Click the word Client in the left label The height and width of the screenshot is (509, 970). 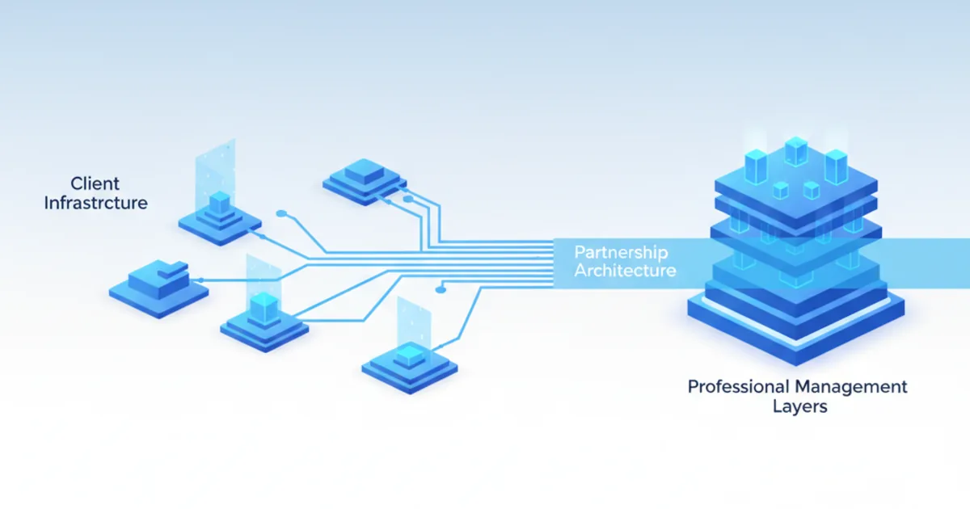pyautogui.click(x=95, y=183)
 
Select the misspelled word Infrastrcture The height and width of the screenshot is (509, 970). pyautogui.click(x=95, y=203)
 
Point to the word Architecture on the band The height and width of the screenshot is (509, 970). pyautogui.click(x=625, y=270)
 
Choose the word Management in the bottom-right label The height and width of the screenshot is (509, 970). pyautogui.click(x=850, y=386)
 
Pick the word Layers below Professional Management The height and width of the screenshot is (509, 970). pyautogui.click(x=799, y=406)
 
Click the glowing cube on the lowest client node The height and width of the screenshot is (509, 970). pyautogui.click(x=409, y=355)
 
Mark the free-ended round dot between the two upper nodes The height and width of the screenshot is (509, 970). pyautogui.click(x=280, y=214)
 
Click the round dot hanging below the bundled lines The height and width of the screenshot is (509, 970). pyautogui.click(x=441, y=288)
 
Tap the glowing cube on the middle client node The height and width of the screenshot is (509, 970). pyautogui.click(x=263, y=305)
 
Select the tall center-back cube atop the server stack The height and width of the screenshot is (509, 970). pyautogui.click(x=796, y=150)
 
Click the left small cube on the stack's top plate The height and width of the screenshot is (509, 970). pyautogui.click(x=780, y=190)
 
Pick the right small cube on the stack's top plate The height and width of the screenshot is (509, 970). pyautogui.click(x=811, y=190)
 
